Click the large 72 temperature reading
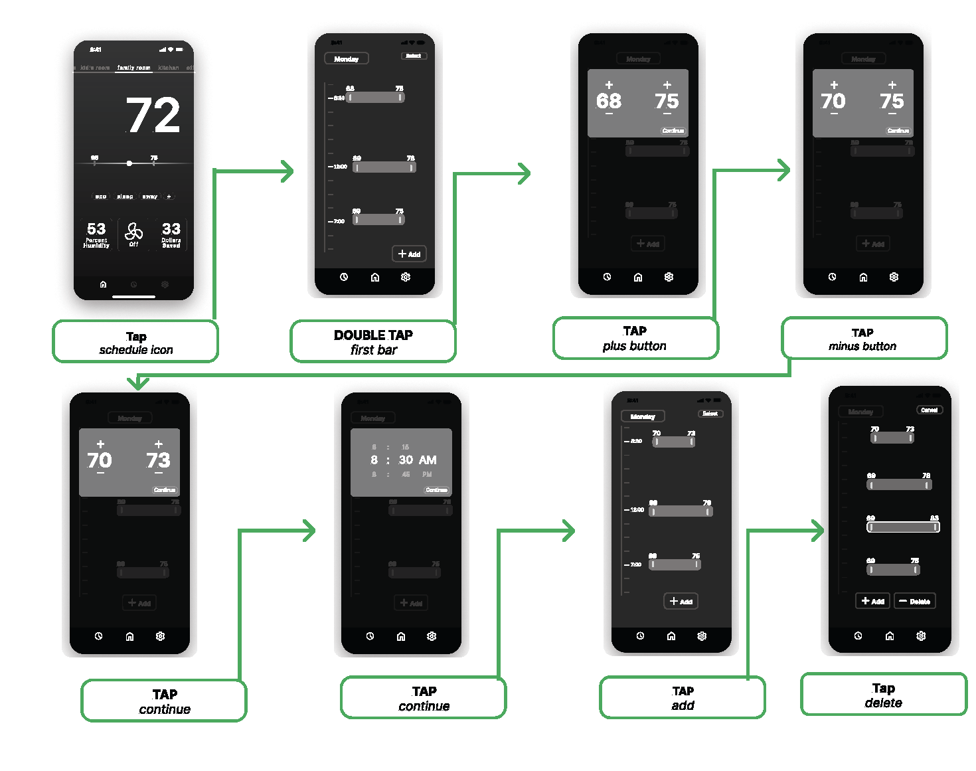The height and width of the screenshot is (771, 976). point(153,116)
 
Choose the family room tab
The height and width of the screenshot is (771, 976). point(133,68)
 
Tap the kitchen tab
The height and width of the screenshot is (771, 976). point(169,68)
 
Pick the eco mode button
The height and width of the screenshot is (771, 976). point(101,197)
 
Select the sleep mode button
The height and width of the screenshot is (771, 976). point(125,197)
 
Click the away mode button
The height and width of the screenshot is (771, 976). point(150,197)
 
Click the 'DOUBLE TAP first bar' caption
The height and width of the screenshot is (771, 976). point(373,342)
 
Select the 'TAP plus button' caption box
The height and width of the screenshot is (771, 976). point(635,339)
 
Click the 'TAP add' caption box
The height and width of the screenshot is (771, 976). point(683,698)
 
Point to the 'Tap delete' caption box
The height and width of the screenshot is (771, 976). point(883,695)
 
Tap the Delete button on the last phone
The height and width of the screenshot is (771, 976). point(915,601)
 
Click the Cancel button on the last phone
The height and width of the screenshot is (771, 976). point(930,410)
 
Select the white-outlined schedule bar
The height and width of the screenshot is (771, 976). point(903,527)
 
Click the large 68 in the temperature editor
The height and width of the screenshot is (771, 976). point(609,101)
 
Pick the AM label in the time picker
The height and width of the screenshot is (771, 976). point(428,460)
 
